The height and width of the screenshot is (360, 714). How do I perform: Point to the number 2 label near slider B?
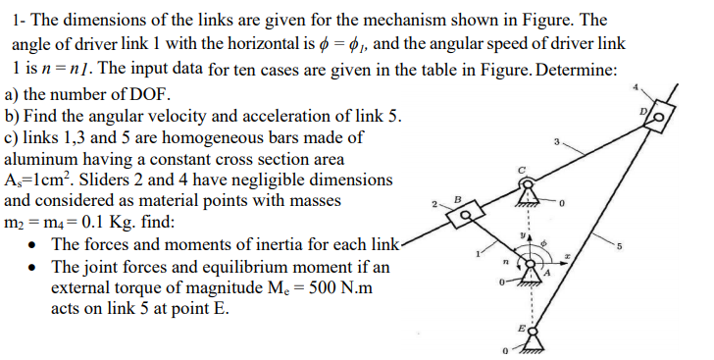tap(431, 204)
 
